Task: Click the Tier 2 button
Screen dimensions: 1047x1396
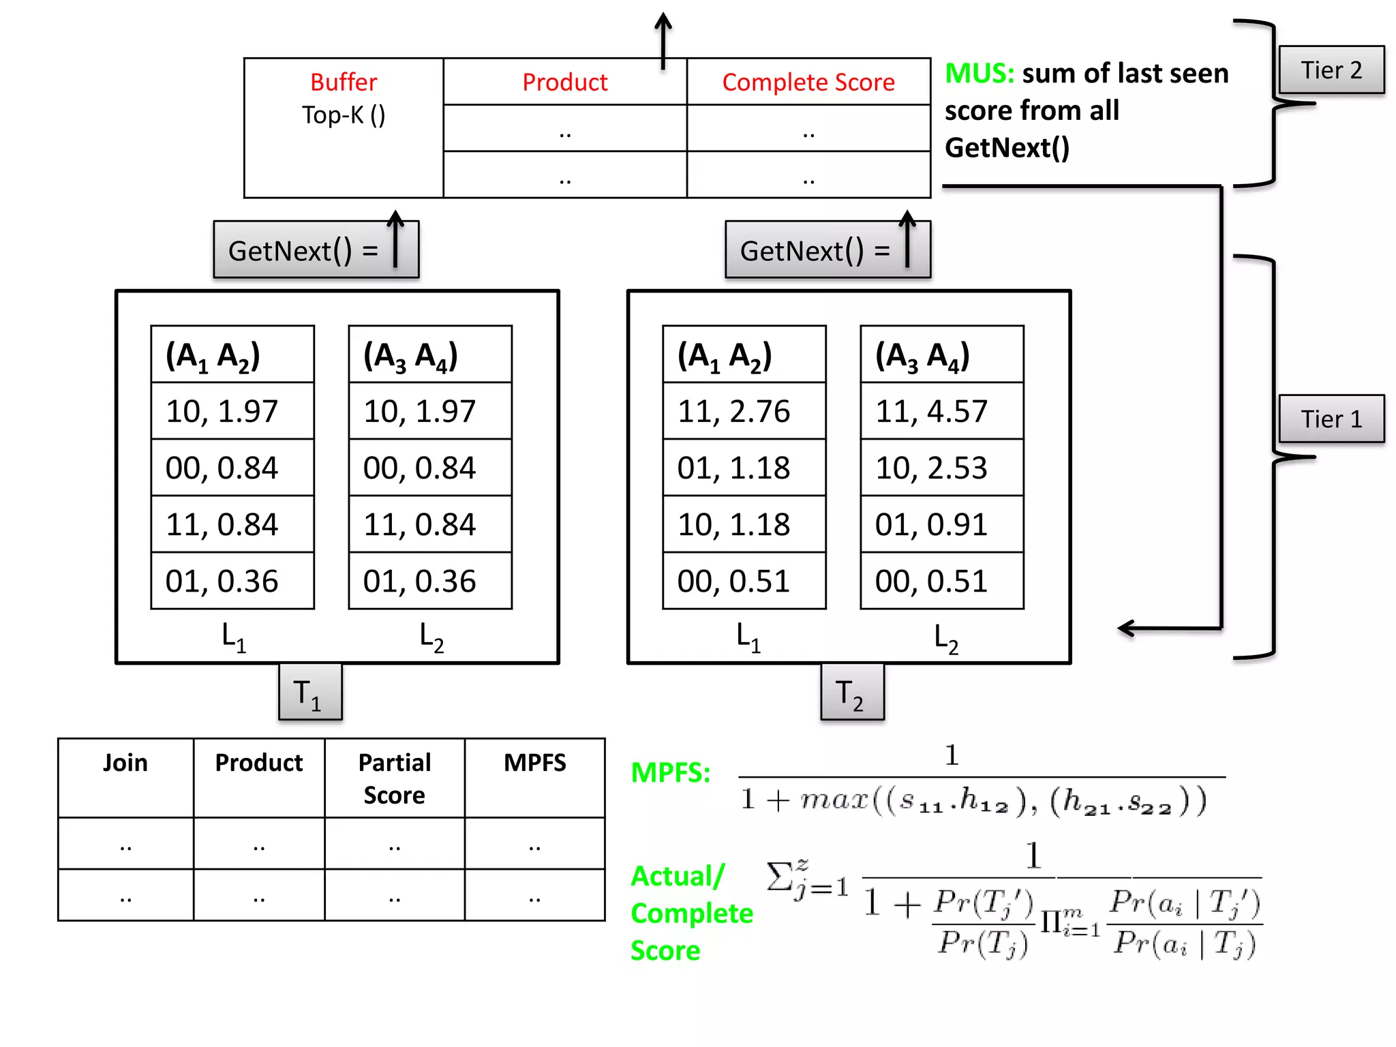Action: pyautogui.click(x=1331, y=70)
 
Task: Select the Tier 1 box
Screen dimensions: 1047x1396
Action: pyautogui.click(x=1331, y=419)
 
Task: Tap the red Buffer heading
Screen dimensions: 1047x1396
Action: pyautogui.click(x=344, y=82)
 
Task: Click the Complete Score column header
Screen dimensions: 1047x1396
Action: pyautogui.click(x=808, y=82)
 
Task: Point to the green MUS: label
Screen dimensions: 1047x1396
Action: pyautogui.click(x=979, y=73)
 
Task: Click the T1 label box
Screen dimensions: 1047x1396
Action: pyautogui.click(x=309, y=693)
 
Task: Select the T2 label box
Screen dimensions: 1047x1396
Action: pyautogui.click(x=851, y=693)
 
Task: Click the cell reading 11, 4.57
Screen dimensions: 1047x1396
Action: pyautogui.click(x=941, y=411)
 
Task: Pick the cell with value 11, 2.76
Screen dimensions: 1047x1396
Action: pyautogui.click(x=743, y=411)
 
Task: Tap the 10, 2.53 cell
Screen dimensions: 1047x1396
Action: pyautogui.click(x=941, y=468)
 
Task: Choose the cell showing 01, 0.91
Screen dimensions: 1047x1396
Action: pyautogui.click(x=941, y=524)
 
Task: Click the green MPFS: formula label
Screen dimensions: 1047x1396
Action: pyautogui.click(x=670, y=772)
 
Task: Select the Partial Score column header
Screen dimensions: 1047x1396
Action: pyautogui.click(x=394, y=778)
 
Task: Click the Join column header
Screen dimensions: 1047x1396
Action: pyautogui.click(x=125, y=763)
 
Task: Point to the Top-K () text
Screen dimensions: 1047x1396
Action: pyautogui.click(x=344, y=115)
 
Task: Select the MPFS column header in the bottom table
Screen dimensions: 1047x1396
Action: pyautogui.click(x=534, y=763)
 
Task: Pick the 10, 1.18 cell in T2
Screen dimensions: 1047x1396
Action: pyautogui.click(x=743, y=524)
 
